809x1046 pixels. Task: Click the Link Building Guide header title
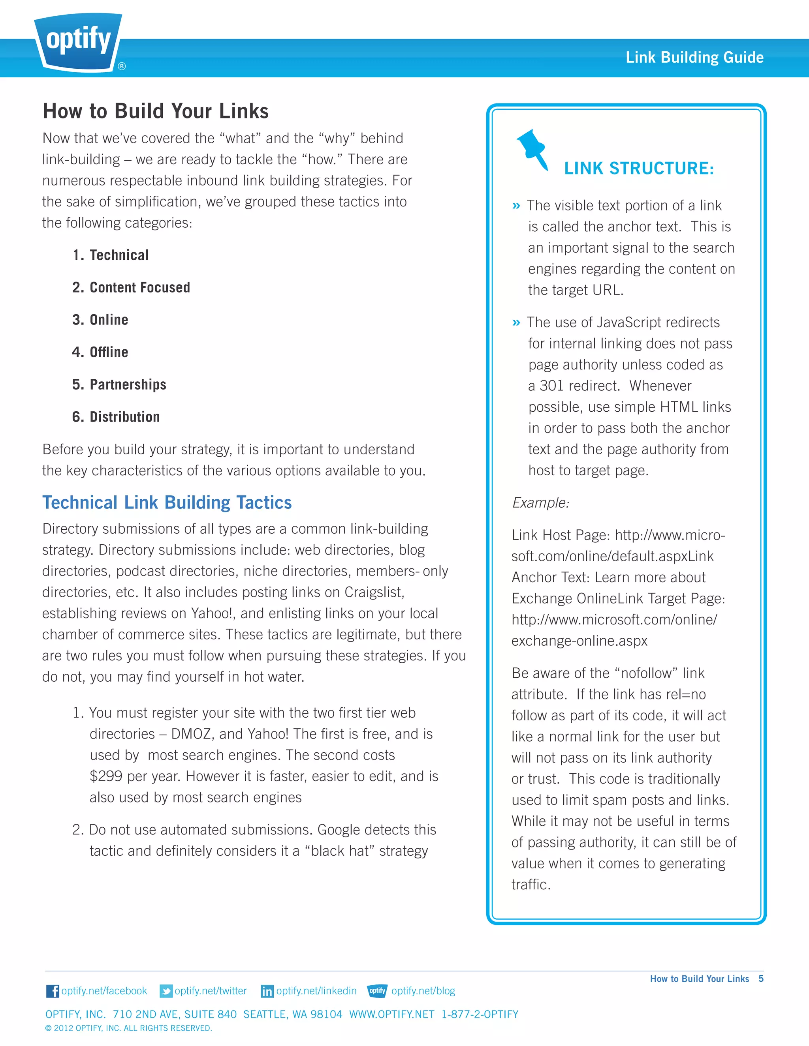(694, 58)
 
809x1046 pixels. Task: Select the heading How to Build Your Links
(155, 111)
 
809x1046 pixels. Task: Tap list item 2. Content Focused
(131, 287)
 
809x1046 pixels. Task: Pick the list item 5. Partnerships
(119, 384)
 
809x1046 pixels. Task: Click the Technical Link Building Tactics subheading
(167, 502)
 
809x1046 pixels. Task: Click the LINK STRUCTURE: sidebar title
(638, 169)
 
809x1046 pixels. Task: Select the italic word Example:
(540, 502)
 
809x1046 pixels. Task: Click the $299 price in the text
(106, 776)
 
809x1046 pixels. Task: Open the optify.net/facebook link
(104, 991)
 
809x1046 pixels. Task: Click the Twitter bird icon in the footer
(166, 991)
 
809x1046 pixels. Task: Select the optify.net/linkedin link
(316, 991)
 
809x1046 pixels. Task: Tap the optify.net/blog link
(423, 991)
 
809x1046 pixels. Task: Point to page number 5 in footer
(760, 979)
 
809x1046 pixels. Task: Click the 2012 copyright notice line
(128, 1028)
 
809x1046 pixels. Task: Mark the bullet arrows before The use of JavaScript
(516, 323)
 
